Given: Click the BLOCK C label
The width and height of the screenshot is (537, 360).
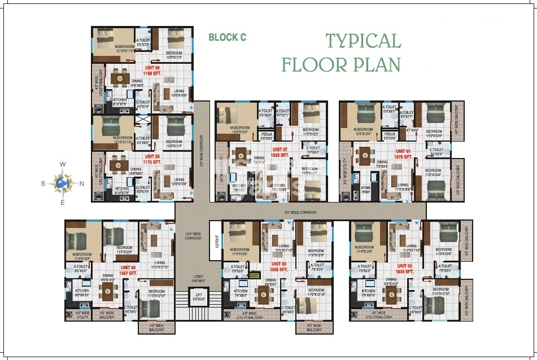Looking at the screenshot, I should (x=227, y=38).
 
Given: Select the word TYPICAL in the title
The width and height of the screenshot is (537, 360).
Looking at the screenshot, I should (x=363, y=41).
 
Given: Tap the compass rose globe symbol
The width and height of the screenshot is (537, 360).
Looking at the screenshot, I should (x=63, y=182).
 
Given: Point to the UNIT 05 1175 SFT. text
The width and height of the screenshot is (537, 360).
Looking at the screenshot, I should (x=153, y=159).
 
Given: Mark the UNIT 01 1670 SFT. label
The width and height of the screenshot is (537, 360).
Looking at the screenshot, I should (x=404, y=154).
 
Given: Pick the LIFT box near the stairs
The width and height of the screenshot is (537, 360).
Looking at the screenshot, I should (x=198, y=297).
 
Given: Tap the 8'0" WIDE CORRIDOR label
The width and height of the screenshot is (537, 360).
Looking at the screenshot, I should (x=300, y=212).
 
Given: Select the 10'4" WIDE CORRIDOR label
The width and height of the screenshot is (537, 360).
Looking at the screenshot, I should (x=193, y=236).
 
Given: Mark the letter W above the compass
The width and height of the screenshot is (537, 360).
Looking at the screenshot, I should (x=63, y=164).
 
